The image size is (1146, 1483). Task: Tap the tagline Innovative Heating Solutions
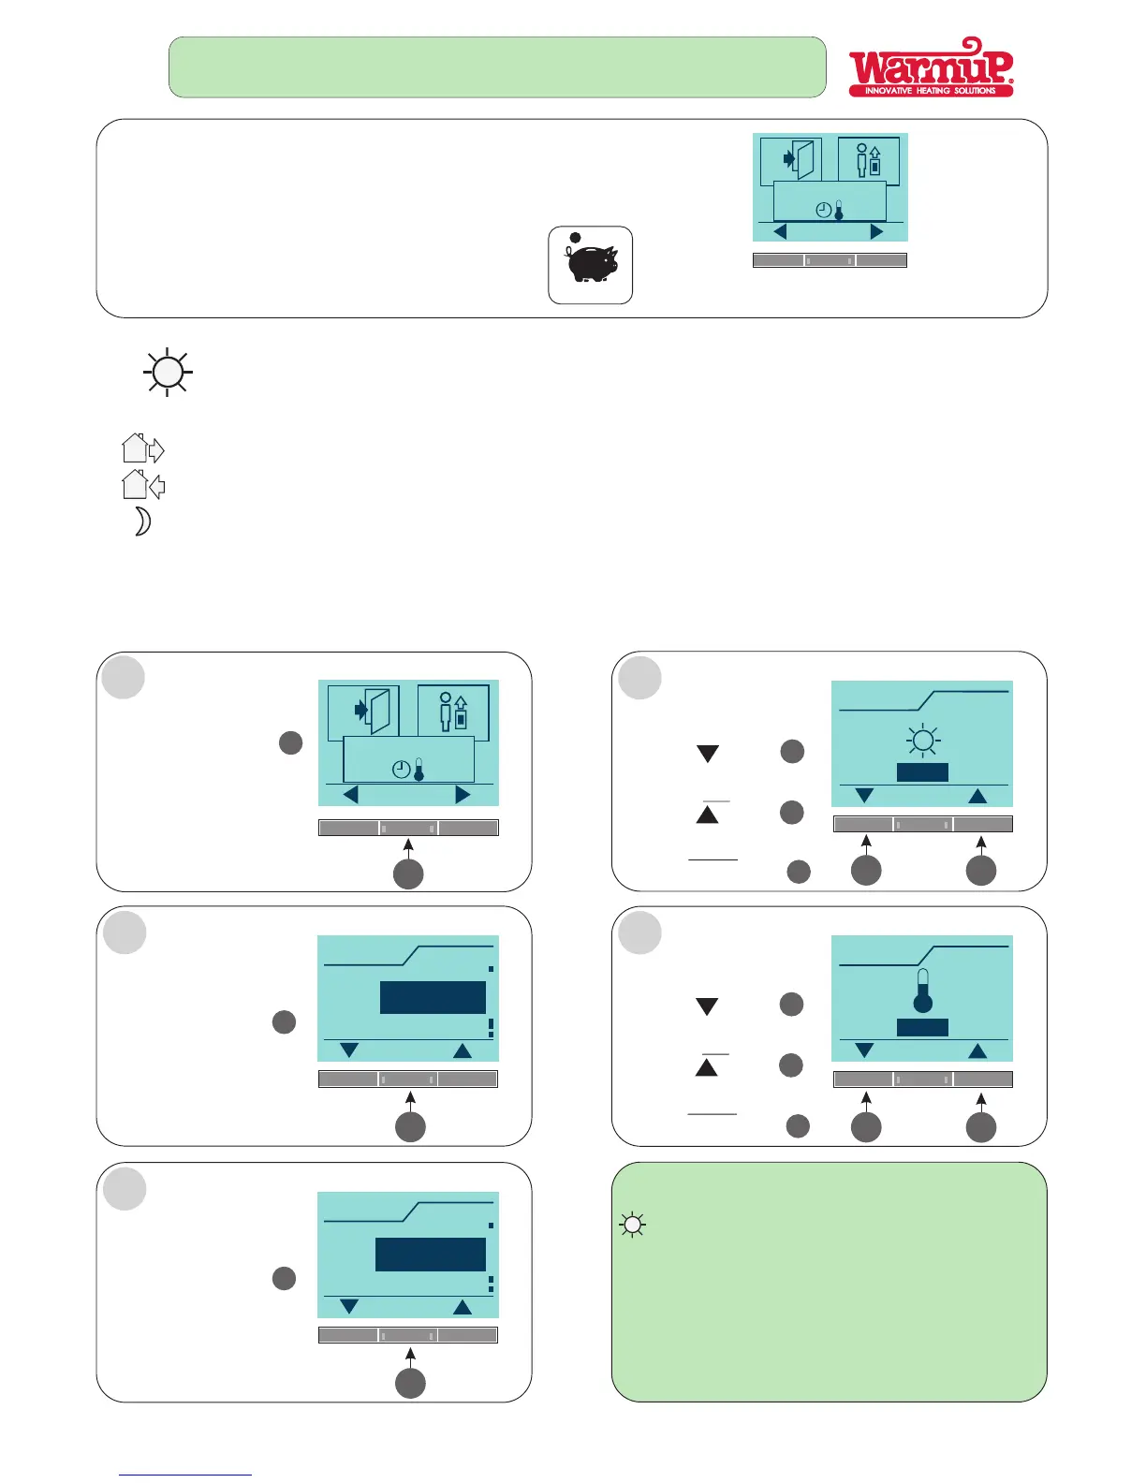click(930, 91)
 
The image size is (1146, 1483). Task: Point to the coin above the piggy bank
click(575, 238)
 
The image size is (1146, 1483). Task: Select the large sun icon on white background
click(167, 373)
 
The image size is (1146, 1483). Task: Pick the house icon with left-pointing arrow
click(142, 485)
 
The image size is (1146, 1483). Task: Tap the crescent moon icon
click(142, 521)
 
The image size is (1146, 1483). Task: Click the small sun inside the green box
click(632, 1225)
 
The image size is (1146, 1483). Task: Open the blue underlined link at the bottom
click(185, 1475)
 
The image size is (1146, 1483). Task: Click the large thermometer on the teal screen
click(923, 991)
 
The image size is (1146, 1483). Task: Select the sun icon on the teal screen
click(923, 741)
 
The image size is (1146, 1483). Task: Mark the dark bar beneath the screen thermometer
click(922, 1027)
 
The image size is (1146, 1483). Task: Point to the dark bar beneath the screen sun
click(922, 772)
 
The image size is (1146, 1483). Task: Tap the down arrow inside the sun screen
click(864, 796)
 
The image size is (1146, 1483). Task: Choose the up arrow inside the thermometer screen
click(977, 1050)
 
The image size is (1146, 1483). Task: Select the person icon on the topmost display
click(868, 160)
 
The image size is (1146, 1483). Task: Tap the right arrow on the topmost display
click(876, 231)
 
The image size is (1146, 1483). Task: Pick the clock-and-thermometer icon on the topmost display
click(830, 211)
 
